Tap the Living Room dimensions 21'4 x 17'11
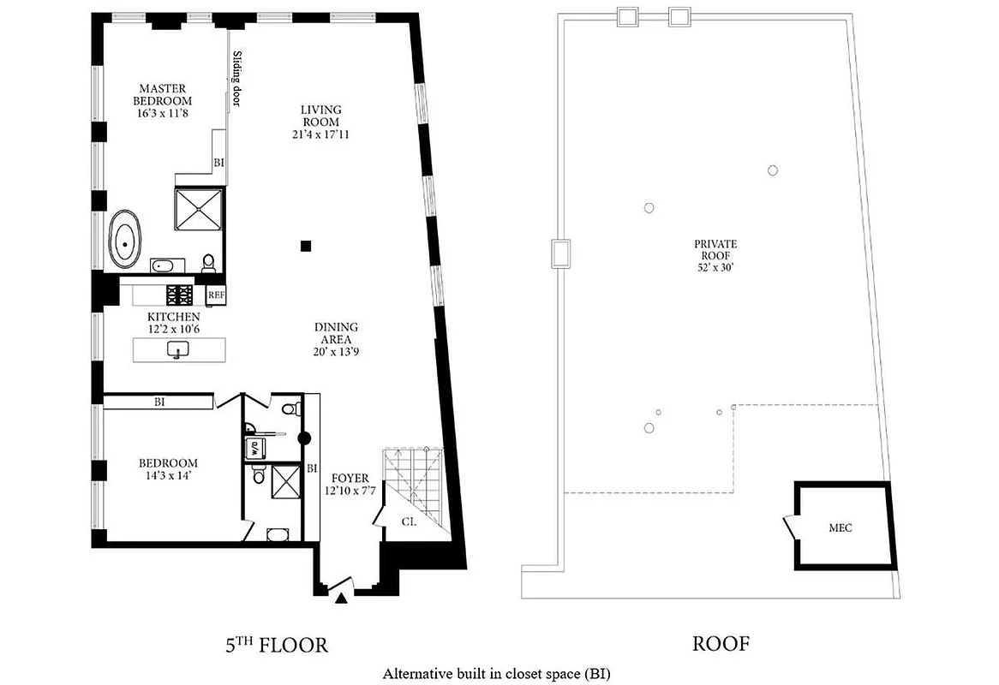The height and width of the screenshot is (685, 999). pyautogui.click(x=320, y=135)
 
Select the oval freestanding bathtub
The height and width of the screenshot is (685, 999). pyautogui.click(x=126, y=243)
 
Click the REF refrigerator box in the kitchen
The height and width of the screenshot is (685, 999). pyautogui.click(x=215, y=295)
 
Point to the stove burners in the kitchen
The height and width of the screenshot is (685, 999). pyautogui.click(x=180, y=295)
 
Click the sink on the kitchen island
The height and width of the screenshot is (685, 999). pyautogui.click(x=178, y=350)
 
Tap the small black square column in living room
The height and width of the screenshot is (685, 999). pyautogui.click(x=306, y=247)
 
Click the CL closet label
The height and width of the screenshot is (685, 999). pyautogui.click(x=408, y=521)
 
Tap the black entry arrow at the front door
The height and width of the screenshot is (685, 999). pyautogui.click(x=341, y=599)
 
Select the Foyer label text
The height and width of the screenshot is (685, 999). pyautogui.click(x=350, y=479)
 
